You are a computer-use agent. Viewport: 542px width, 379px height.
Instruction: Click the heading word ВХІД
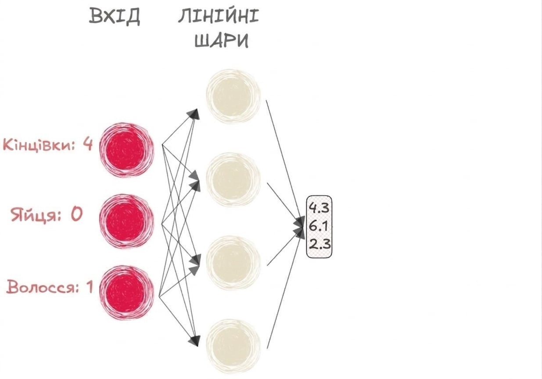(x=115, y=16)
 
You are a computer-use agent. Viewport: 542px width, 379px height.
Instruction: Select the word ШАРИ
(x=221, y=40)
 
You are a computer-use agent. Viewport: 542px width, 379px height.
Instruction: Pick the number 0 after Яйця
(x=76, y=214)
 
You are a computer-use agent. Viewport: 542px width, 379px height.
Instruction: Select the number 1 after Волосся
(x=89, y=287)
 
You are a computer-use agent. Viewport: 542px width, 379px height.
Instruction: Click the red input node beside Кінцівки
(x=126, y=150)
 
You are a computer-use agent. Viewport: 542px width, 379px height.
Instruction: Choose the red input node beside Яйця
(x=126, y=222)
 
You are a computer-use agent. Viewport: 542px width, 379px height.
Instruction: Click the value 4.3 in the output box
(x=319, y=208)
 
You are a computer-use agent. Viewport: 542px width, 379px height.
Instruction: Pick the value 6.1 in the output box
(x=319, y=226)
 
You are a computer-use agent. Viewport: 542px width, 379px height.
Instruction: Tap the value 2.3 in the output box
(x=319, y=244)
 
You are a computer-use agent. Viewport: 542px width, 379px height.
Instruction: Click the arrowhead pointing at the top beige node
(x=194, y=114)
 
